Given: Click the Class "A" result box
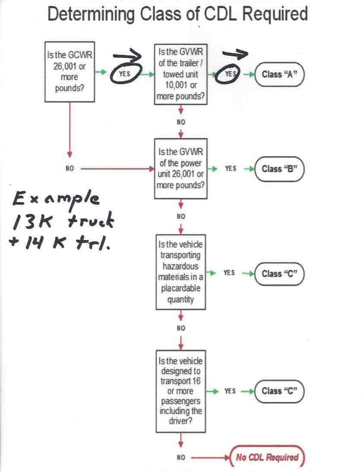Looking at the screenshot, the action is tap(279, 74).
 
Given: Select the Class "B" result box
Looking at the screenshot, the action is tap(279, 169).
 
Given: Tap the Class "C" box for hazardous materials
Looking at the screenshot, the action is tap(279, 274).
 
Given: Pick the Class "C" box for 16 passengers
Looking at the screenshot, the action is tap(279, 391).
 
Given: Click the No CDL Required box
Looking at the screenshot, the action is tap(267, 457).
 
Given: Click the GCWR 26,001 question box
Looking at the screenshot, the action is tap(69, 72).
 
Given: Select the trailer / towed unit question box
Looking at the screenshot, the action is tap(180, 74).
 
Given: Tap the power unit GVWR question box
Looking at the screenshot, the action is tap(180, 168).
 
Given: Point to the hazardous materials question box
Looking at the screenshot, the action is tap(180, 272).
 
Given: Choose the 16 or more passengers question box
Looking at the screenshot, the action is tap(180, 391).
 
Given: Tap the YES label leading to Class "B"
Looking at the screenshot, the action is tap(230, 168).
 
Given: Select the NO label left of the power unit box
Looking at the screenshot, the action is tap(69, 168).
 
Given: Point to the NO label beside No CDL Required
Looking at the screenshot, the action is tap(181, 457).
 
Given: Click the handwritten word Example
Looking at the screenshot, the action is tap(56, 199).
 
